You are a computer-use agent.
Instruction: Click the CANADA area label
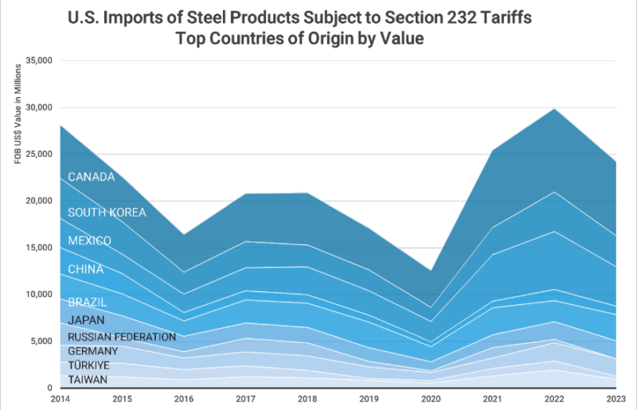coord(92,177)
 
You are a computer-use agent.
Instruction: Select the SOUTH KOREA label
coord(107,213)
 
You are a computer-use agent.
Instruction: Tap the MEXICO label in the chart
coord(89,240)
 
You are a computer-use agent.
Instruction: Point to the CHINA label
coord(86,269)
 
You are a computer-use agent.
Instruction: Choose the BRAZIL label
coord(88,303)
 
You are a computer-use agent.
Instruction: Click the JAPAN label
coord(86,320)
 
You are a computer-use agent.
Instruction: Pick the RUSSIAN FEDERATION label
coord(122,337)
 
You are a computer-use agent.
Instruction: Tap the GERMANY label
coord(93,351)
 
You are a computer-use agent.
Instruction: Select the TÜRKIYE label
coord(89,365)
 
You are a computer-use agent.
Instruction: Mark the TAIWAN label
coord(88,380)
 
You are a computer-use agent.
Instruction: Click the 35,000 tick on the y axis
coord(38,61)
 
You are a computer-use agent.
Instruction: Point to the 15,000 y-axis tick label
coord(38,248)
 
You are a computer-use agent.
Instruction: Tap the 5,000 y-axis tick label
coord(41,342)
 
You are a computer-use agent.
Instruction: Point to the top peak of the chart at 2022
coord(553,108)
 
